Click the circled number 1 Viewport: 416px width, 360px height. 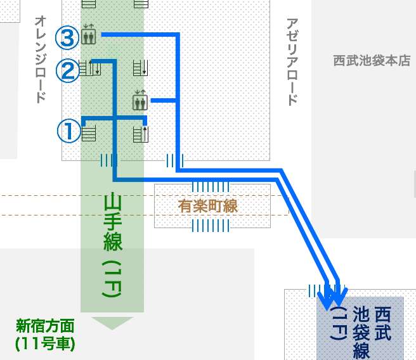(68, 131)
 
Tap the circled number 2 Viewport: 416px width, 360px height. (68, 70)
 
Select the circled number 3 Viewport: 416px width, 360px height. (68, 37)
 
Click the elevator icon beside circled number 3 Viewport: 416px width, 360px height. (88, 36)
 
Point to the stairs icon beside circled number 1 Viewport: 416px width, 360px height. (88, 134)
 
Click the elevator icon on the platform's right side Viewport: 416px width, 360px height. (140, 101)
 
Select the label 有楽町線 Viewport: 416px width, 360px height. (212, 205)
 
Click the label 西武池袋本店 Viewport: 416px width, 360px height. (372, 61)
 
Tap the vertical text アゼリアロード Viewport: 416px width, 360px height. (292, 61)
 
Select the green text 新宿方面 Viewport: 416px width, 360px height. (45, 328)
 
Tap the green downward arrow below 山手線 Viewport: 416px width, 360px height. (112, 323)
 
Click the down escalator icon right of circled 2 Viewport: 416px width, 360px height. (140, 67)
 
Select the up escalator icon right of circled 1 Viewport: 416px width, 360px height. (140, 134)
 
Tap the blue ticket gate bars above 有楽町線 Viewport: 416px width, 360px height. (212, 186)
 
